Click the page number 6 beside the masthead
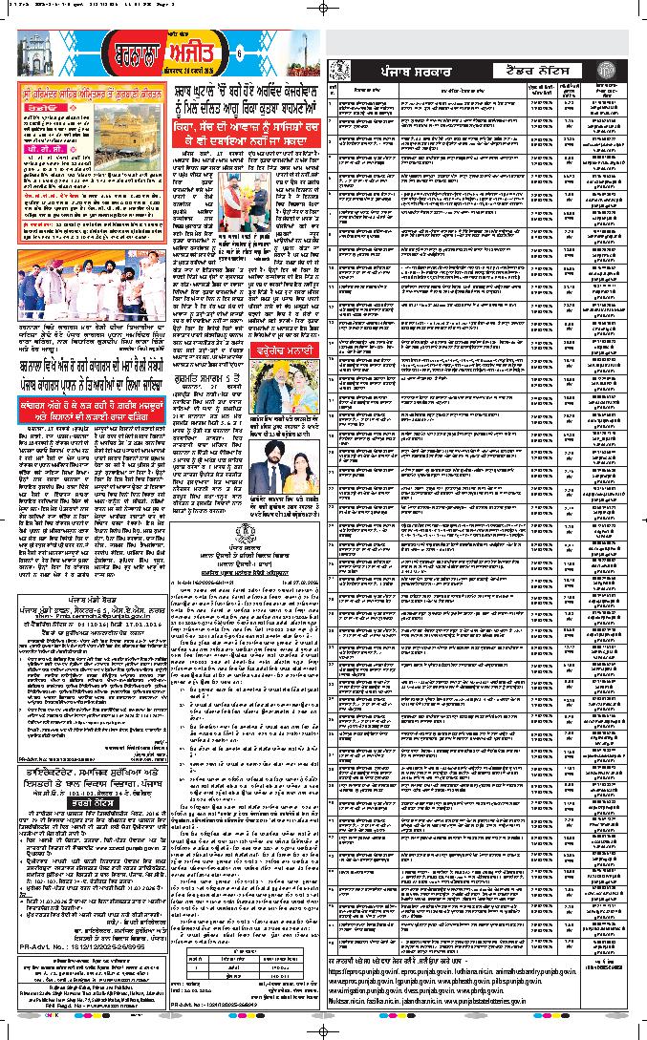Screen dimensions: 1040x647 240,52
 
